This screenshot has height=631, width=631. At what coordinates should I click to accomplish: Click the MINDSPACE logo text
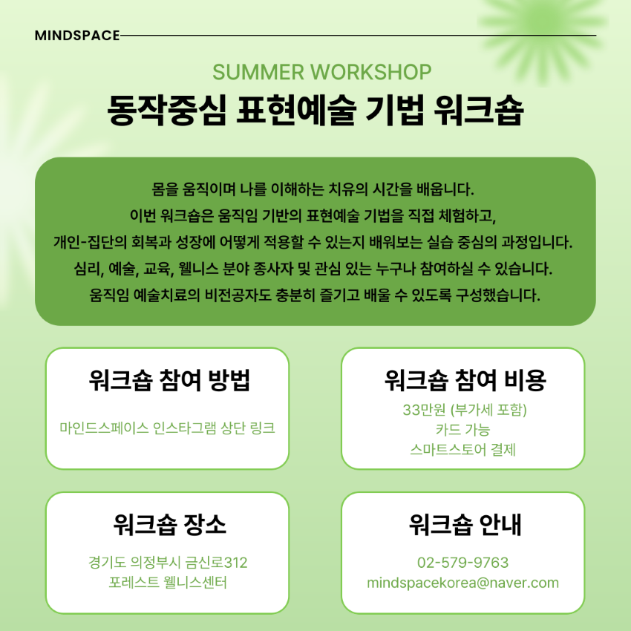[x=77, y=36]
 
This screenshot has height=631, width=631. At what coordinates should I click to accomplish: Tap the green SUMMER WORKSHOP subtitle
[x=322, y=73]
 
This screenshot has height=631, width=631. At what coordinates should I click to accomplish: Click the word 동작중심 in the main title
[x=166, y=110]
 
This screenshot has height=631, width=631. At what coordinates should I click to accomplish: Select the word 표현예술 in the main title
[x=295, y=110]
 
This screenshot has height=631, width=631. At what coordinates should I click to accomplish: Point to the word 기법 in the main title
[x=394, y=110]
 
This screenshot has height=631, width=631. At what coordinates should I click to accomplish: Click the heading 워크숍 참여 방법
[x=169, y=380]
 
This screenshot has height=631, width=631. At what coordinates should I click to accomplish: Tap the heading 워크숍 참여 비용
[x=465, y=380]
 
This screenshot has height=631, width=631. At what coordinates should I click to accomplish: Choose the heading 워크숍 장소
[x=169, y=524]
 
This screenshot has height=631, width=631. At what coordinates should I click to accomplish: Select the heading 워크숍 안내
[x=465, y=524]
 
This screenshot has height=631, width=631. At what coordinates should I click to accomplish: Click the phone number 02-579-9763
[x=462, y=562]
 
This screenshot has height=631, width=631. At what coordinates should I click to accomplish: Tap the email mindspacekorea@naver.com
[x=462, y=583]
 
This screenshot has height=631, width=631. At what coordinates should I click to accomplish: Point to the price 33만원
[x=424, y=410]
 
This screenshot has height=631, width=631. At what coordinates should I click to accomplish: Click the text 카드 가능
[x=462, y=429]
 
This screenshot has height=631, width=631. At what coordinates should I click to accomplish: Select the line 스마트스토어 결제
[x=462, y=449]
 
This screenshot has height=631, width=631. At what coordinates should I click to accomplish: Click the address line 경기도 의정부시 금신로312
[x=168, y=562]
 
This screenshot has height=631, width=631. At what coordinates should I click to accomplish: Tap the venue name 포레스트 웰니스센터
[x=168, y=582]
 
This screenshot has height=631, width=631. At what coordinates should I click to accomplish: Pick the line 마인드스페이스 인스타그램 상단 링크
[x=168, y=428]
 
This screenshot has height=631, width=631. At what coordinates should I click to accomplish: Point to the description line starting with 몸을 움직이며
[x=313, y=189]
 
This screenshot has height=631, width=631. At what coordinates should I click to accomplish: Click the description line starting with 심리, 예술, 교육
[x=313, y=269]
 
